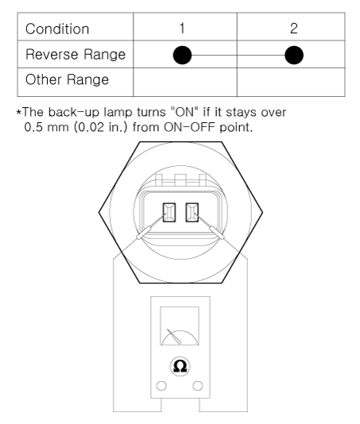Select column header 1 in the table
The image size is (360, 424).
tap(182, 28)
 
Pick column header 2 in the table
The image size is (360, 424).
tap(294, 28)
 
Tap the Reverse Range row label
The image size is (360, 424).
tap(75, 54)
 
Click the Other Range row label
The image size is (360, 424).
tap(67, 79)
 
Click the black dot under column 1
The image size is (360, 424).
tap(182, 55)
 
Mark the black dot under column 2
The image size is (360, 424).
tap(294, 55)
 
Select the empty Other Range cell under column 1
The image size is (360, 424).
tap(185, 82)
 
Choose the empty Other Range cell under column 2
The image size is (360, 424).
tap(291, 82)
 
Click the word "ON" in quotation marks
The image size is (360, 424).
tap(185, 112)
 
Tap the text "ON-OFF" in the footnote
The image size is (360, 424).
tap(190, 127)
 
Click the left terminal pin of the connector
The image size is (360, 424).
tap(169, 213)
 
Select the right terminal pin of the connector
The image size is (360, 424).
tap(192, 213)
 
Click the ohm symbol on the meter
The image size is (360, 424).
tap(180, 366)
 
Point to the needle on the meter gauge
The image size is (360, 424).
tap(174, 337)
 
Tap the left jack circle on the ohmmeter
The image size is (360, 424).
tap(161, 386)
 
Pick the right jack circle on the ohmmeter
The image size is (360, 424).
tap(198, 386)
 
